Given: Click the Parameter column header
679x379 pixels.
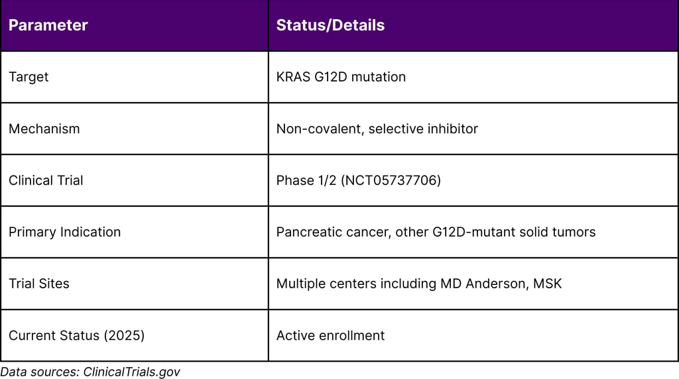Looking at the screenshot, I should click(x=48, y=26).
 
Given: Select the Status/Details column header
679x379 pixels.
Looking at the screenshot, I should click(x=330, y=26).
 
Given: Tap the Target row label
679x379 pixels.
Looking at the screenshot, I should click(x=29, y=77).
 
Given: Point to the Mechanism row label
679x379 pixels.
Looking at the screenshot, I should click(x=44, y=129).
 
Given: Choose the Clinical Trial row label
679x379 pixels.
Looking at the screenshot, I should click(x=46, y=180).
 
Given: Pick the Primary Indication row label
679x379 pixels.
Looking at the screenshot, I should click(x=64, y=232).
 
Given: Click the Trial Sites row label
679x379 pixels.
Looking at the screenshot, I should click(x=38, y=284).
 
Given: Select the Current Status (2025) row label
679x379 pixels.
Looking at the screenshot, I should click(x=76, y=335).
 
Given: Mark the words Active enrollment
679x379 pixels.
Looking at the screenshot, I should click(x=330, y=335).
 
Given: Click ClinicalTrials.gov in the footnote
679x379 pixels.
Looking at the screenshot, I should click(x=131, y=372).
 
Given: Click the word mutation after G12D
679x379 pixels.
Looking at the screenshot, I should click(x=378, y=77).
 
